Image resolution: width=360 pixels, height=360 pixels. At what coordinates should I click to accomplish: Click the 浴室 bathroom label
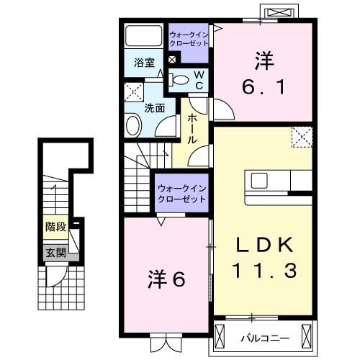click(x=144, y=63)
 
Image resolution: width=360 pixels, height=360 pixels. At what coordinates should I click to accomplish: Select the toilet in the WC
click(x=183, y=80)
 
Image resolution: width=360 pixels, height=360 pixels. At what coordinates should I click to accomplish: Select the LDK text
click(x=264, y=246)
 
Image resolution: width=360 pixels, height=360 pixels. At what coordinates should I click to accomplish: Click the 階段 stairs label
click(x=55, y=227)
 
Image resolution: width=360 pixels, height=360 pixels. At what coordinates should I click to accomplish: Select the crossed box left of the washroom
click(x=132, y=92)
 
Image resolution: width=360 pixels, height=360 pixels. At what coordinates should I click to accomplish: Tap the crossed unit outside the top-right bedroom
click(x=279, y=14)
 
